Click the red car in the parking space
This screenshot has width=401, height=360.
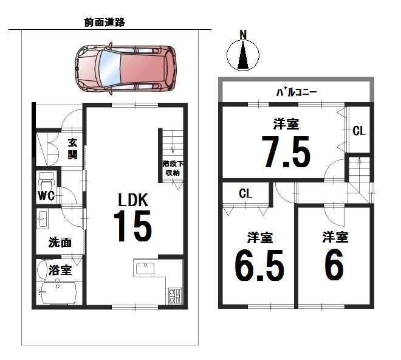(126, 69)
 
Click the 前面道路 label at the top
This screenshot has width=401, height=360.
(105, 22)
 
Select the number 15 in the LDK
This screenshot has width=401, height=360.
(132, 226)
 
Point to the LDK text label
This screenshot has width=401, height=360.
(133, 200)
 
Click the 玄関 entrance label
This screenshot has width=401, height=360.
(73, 149)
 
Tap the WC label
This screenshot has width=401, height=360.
(46, 196)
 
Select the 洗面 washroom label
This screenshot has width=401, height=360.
(60, 242)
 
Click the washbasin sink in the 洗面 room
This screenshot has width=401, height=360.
(43, 219)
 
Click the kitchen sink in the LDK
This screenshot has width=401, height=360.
(145, 268)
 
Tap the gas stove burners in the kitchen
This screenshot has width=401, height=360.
(175, 296)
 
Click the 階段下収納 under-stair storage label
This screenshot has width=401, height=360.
(173, 168)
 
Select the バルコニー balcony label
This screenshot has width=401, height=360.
(296, 92)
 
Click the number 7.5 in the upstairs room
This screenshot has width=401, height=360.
(286, 152)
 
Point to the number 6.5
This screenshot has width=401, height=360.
(259, 265)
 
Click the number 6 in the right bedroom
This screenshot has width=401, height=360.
(334, 265)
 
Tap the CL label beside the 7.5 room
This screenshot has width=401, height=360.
(359, 131)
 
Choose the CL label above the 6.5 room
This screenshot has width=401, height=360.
(246, 193)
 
